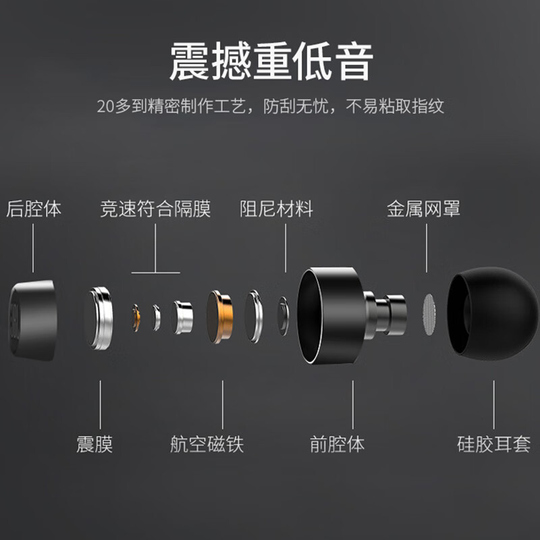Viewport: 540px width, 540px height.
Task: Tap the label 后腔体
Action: [34, 209]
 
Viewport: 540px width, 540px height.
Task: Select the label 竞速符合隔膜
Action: [155, 209]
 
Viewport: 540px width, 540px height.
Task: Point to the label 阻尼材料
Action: [276, 209]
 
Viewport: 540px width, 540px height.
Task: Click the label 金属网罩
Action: [423, 209]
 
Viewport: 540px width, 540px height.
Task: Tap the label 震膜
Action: [94, 444]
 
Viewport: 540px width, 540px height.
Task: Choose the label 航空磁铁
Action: [207, 444]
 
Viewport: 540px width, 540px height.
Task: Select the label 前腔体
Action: [337, 444]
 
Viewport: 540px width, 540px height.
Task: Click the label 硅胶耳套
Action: [493, 444]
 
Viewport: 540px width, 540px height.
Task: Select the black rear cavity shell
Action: [32, 312]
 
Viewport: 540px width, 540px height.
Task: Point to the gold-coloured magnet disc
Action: [221, 317]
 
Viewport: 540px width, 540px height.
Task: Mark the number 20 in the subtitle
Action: [105, 106]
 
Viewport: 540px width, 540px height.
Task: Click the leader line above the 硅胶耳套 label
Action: [493, 405]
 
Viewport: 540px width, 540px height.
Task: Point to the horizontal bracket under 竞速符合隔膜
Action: [155, 273]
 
